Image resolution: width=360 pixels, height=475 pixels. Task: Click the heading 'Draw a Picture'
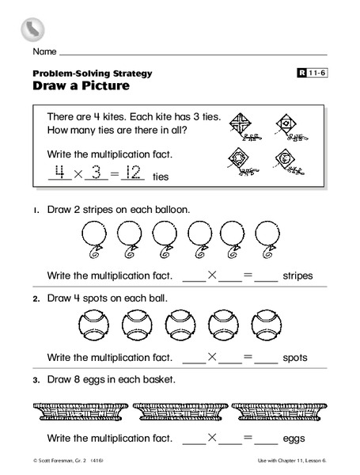tap(77, 85)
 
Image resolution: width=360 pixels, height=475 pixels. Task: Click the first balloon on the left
tap(93, 237)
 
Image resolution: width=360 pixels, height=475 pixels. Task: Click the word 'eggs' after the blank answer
tap(295, 437)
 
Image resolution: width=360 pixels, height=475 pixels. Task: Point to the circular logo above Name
tap(32, 29)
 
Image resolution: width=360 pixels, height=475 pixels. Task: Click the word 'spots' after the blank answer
tap(297, 357)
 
